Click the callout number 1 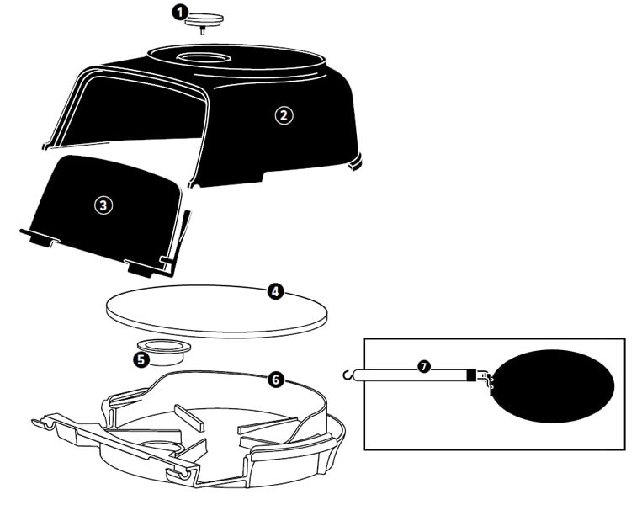point(179,13)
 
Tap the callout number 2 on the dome point(284,115)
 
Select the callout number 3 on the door point(103,205)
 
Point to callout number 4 point(275,291)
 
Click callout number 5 point(141,359)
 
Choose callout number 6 point(275,380)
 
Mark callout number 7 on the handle point(424,366)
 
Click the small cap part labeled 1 point(204,20)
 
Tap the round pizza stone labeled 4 point(216,311)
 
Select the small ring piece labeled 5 point(164,352)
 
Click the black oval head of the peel point(554,385)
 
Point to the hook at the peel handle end point(348,375)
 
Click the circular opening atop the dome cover point(203,57)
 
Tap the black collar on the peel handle point(472,375)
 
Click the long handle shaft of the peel point(410,375)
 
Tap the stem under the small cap point(203,30)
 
